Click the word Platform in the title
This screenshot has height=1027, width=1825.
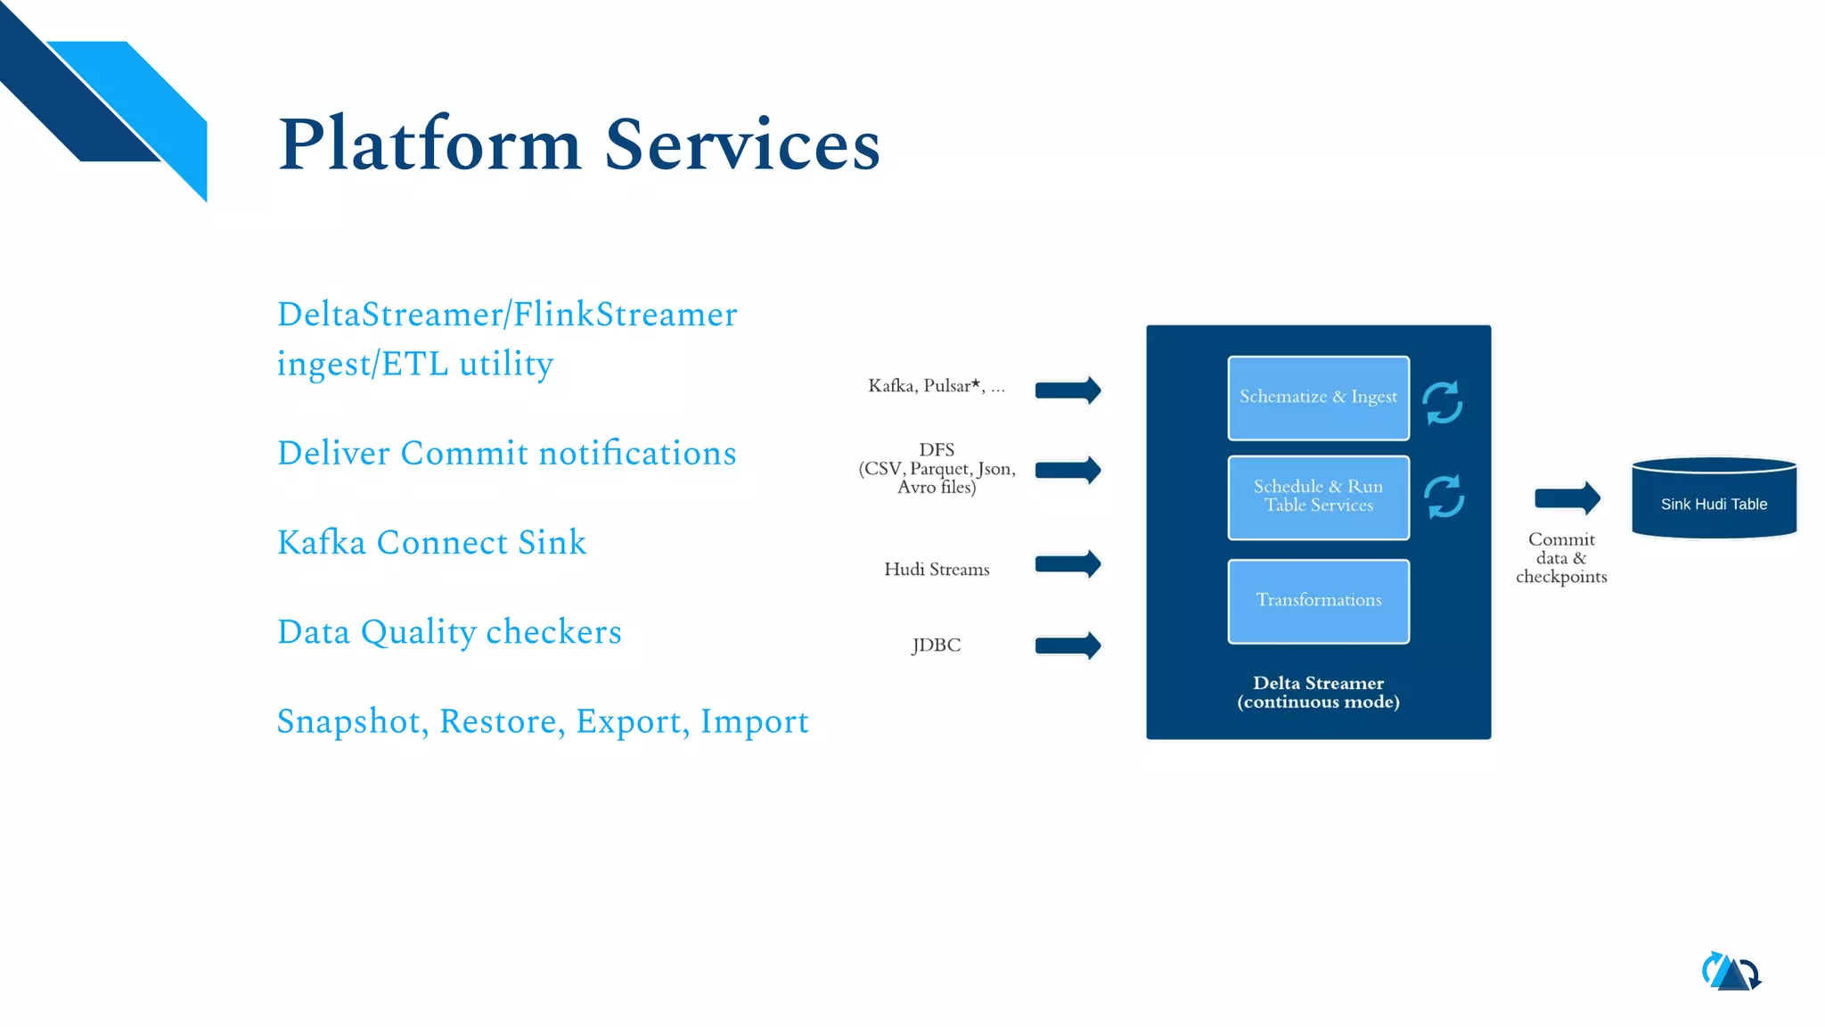click(430, 144)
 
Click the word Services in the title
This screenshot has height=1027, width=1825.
click(742, 144)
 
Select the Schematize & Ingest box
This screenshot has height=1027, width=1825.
click(1318, 398)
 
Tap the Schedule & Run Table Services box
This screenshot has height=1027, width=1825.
click(1318, 497)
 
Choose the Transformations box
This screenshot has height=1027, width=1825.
click(1318, 600)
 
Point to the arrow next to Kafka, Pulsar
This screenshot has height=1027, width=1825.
click(1068, 390)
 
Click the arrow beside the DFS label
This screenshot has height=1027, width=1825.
click(1068, 470)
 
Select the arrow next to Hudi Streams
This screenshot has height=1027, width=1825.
click(1068, 563)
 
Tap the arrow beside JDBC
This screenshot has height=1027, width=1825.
click(1068, 645)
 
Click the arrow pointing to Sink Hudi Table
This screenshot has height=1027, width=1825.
click(1567, 497)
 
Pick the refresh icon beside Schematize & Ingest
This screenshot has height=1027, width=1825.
click(1442, 403)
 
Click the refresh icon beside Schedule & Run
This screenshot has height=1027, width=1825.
click(1444, 497)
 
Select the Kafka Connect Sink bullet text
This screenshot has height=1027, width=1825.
click(431, 543)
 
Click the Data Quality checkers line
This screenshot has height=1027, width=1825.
click(449, 632)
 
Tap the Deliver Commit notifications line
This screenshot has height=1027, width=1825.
click(506, 454)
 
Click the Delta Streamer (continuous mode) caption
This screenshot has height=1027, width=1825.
click(1318, 692)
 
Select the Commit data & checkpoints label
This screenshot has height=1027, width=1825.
click(1561, 558)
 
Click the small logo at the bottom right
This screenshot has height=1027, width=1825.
click(1731, 972)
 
